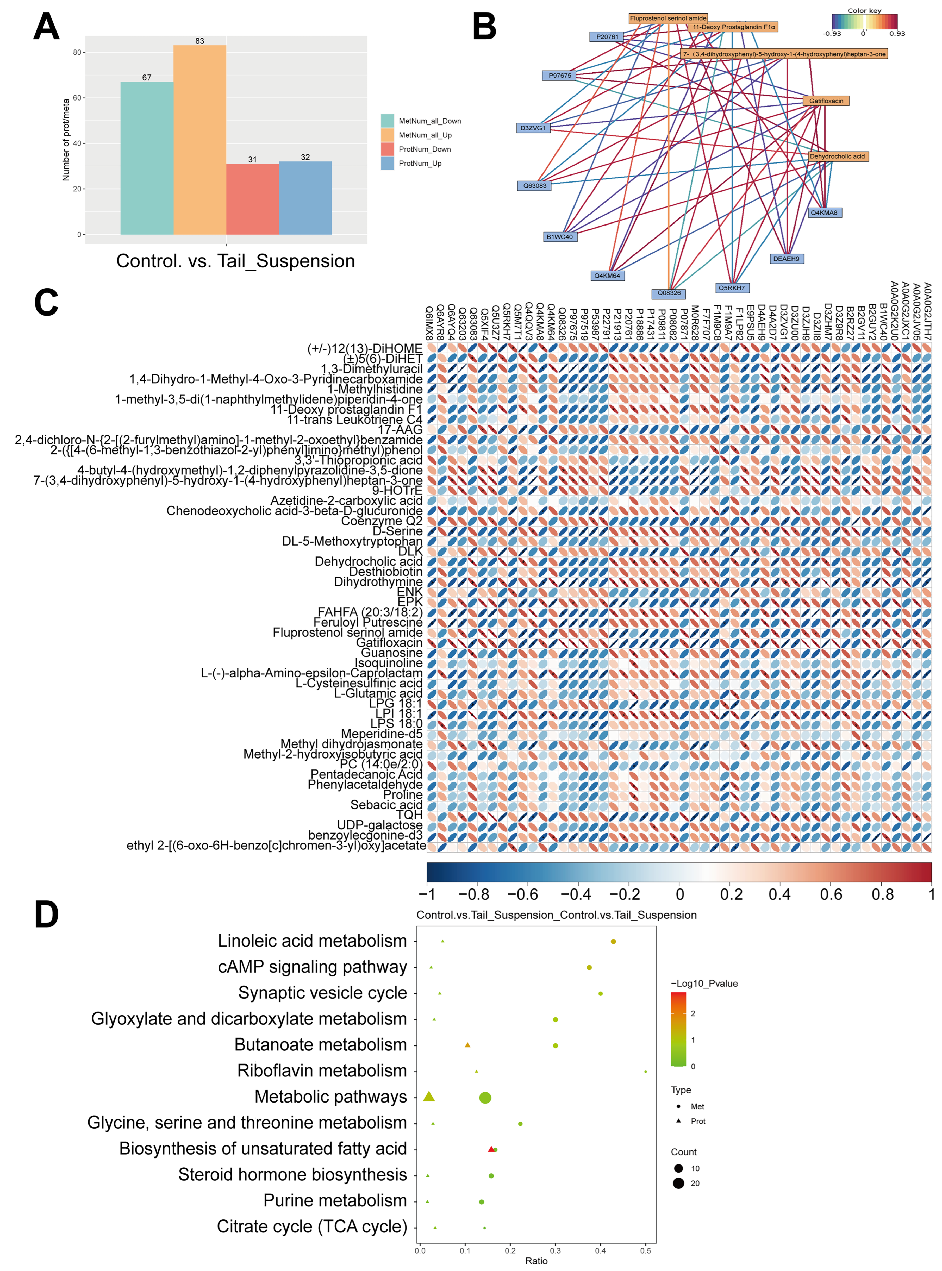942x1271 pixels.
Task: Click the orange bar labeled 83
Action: pyautogui.click(x=199, y=140)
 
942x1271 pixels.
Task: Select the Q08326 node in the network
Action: pyautogui.click(x=669, y=293)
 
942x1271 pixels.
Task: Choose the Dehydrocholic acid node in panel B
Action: pyautogui.click(x=837, y=156)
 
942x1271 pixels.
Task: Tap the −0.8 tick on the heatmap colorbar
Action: pyautogui.click(x=475, y=894)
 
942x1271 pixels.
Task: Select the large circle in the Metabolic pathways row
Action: pyautogui.click(x=485, y=1098)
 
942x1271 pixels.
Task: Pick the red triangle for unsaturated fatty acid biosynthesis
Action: pyautogui.click(x=491, y=1149)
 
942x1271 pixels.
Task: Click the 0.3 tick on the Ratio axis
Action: pyautogui.click(x=556, y=1250)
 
